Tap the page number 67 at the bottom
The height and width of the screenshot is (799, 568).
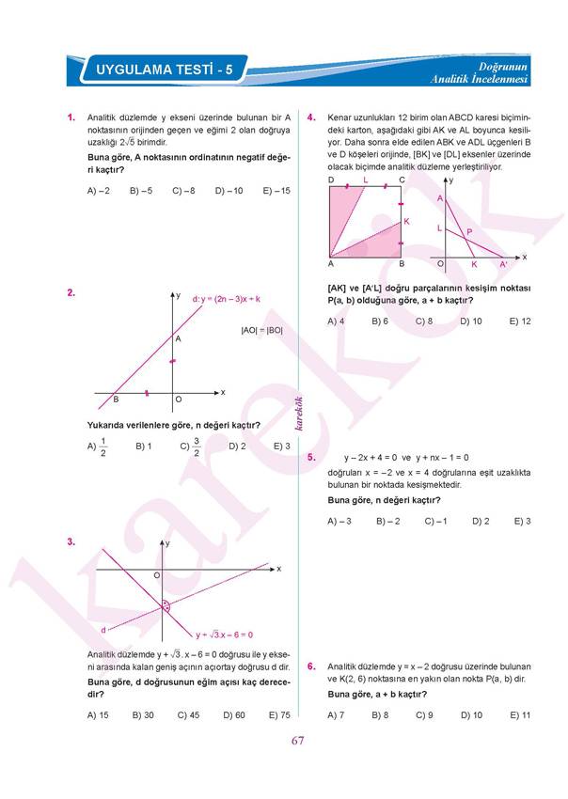point(298,742)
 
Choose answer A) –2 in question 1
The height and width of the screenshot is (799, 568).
point(98,191)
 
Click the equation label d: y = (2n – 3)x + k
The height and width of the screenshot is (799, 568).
point(226,299)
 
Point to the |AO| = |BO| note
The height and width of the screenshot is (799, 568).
point(261,330)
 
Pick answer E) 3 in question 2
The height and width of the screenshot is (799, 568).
point(281,446)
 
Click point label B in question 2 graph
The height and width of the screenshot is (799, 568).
point(116,399)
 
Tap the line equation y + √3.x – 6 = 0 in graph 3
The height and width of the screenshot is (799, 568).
point(224,634)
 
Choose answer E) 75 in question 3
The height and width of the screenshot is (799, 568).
point(279,715)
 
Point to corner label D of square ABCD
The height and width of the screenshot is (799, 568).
point(331,180)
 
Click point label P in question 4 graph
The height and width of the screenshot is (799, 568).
point(469,231)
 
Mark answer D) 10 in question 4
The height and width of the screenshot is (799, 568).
point(470,321)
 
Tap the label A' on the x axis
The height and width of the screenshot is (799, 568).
point(503,265)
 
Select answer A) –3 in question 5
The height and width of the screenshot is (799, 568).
point(339,521)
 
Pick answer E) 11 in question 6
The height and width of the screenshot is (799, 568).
point(520,715)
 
